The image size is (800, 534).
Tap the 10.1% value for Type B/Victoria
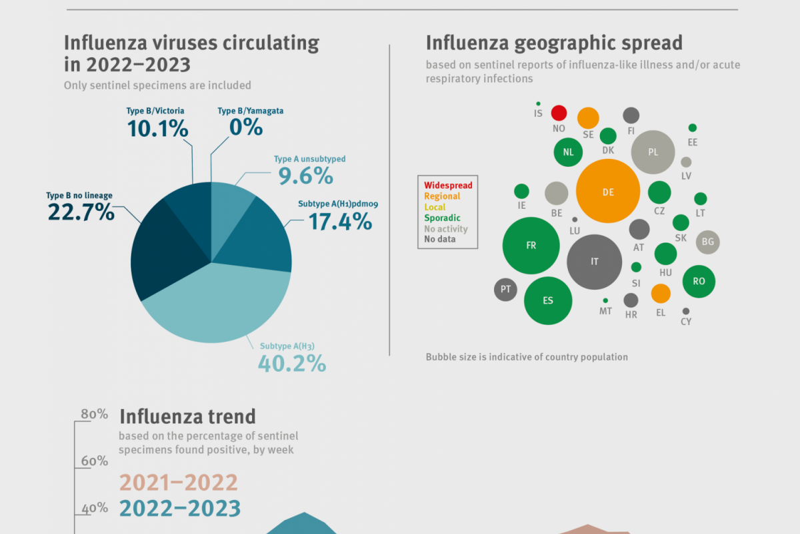coord(157,128)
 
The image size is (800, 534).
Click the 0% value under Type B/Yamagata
coord(246,127)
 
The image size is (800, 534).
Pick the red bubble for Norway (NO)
coord(559,113)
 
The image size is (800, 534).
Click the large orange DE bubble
coord(608,192)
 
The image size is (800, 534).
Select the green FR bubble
coord(531,246)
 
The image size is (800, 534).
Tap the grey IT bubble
coord(595,262)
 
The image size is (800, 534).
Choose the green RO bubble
coord(699,281)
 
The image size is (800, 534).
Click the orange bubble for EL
coord(661,294)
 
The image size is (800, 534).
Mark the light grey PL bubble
coord(653,152)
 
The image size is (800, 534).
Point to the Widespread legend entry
coord(448,185)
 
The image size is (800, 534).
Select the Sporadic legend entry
coord(442,218)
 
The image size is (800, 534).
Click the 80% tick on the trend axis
coord(94,414)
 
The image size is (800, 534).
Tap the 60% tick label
coord(94,461)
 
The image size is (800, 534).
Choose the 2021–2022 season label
coord(179,483)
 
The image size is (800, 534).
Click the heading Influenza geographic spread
coord(554,43)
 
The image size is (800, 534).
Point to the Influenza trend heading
coord(187,417)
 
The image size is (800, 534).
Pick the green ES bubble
coord(548,300)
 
